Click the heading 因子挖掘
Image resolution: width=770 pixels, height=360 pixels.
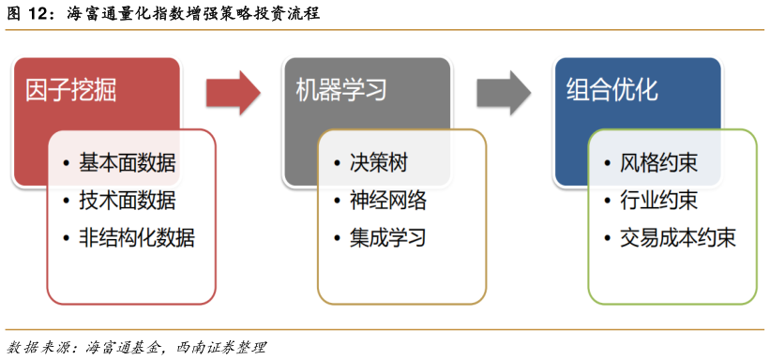71,90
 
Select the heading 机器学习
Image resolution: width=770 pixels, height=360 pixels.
341,90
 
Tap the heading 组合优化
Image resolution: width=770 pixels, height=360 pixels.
612,90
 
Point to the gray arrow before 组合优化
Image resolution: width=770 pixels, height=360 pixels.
503,91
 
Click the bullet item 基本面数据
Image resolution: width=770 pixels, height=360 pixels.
127,163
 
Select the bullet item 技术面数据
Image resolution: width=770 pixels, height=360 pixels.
127,200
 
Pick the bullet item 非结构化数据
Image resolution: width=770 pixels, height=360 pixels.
136,237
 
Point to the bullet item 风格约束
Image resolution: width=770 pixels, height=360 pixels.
658,163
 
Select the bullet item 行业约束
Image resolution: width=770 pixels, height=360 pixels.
658,200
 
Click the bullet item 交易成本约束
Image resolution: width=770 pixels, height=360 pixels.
677,237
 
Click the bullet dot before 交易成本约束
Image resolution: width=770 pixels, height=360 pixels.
607,238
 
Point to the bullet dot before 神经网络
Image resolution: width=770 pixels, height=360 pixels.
337,201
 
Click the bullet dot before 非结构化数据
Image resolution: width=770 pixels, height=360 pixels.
66,238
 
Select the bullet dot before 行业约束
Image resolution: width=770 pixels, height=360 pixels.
607,201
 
